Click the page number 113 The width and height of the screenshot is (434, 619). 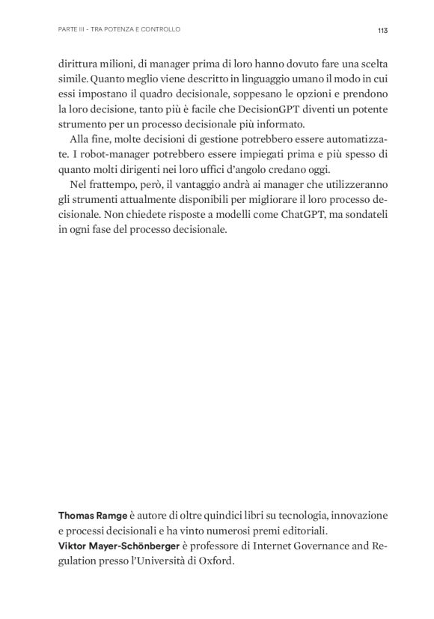pyautogui.click(x=382, y=30)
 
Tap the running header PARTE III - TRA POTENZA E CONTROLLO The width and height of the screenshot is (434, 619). pyautogui.click(x=119, y=30)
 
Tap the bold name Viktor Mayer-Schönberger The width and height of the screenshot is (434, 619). pyautogui.click(x=120, y=547)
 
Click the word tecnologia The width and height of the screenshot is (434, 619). pyautogui.click(x=297, y=516)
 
